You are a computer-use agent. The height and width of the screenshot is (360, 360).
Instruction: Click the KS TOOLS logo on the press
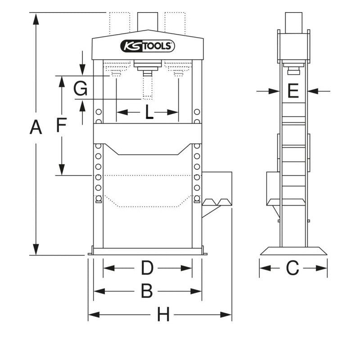pos(148,46)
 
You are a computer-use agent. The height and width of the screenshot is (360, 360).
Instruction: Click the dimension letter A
pos(36,128)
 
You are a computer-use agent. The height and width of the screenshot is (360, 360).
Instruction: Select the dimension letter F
pos(62,125)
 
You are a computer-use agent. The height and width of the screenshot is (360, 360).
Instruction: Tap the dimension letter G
pos(81,89)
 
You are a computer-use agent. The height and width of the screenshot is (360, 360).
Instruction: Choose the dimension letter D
pos(147,268)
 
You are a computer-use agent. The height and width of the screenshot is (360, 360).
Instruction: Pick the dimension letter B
pos(147,291)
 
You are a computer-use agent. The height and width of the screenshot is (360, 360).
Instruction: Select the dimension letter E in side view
pos(293,91)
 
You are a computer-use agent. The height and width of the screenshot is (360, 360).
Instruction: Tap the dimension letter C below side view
pos(292,268)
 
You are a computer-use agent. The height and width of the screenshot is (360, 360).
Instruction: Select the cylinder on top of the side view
pos(293,22)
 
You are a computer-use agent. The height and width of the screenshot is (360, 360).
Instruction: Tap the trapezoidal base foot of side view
pos(293,251)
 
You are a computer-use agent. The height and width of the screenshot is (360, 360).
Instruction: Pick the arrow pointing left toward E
pos(314,91)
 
